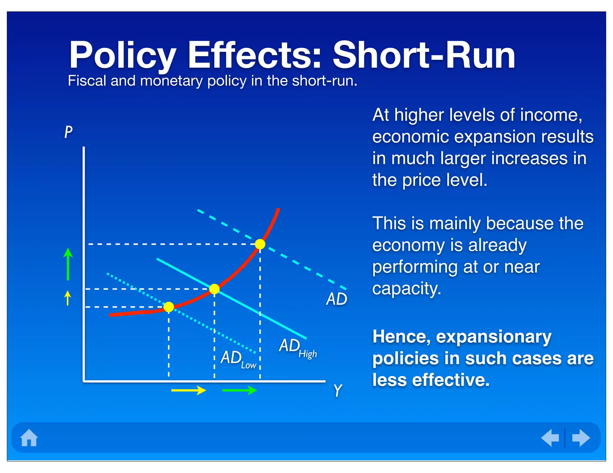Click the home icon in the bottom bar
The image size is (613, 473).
tap(29, 438)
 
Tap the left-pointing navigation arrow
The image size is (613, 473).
tap(550, 438)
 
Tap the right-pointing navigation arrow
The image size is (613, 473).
tap(581, 438)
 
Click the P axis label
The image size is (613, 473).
tap(68, 132)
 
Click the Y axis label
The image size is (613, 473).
tap(338, 390)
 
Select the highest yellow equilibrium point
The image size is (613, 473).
tap(260, 244)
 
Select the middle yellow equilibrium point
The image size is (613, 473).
tap(214, 289)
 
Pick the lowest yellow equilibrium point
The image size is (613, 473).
tap(169, 307)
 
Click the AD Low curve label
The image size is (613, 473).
tap(238, 359)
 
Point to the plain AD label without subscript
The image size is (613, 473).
tap(336, 299)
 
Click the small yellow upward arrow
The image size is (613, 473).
tap(68, 298)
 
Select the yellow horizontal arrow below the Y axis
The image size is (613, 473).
tap(189, 390)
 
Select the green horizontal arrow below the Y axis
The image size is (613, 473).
tap(239, 390)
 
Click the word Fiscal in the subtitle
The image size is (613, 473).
tap(87, 81)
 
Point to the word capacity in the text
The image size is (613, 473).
tap(406, 289)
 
